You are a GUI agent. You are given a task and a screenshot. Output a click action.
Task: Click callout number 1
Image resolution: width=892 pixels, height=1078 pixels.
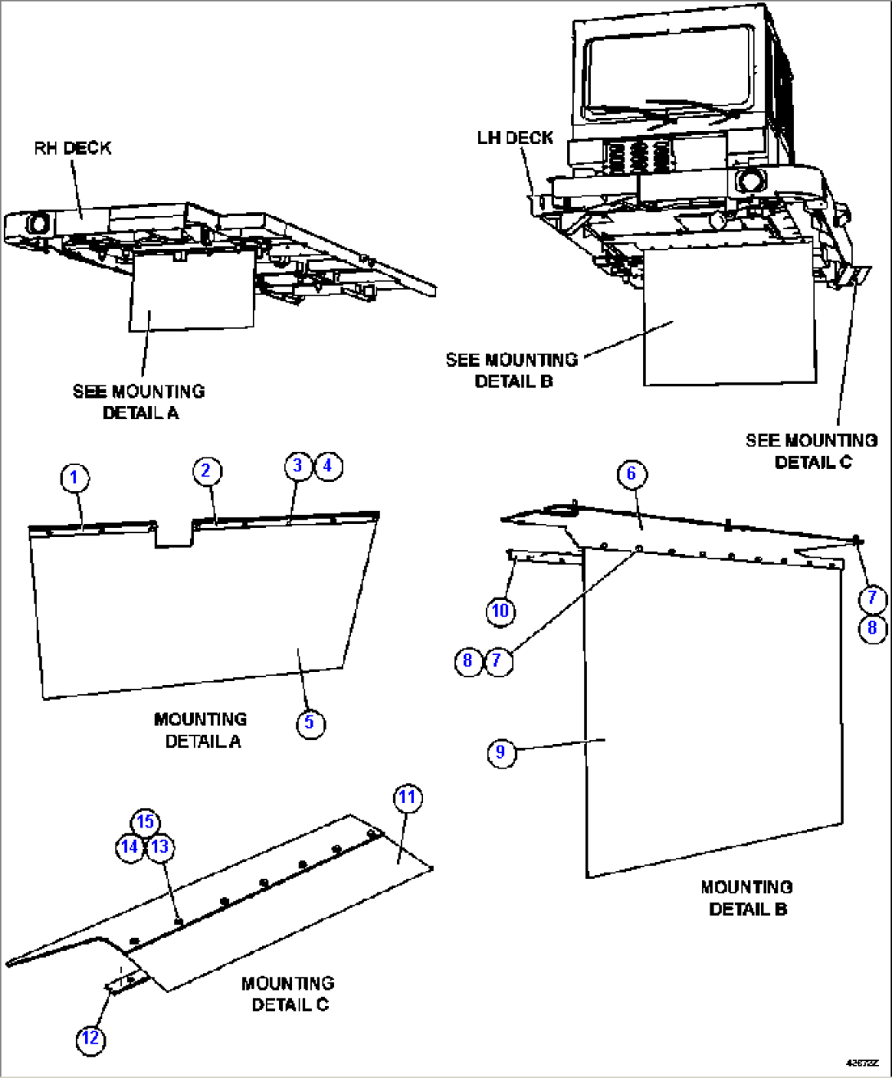pos(74,477)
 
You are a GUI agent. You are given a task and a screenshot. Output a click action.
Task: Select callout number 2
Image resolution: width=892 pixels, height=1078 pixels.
pos(206,471)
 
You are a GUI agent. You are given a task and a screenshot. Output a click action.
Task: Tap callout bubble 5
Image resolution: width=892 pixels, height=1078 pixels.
pos(309,723)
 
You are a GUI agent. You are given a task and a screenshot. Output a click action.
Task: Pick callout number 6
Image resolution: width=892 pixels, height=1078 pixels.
pos(631,474)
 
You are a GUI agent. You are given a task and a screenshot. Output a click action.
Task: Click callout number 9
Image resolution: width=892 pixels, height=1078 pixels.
pos(501,752)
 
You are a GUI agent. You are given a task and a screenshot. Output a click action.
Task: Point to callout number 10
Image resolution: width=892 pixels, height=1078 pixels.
pos(500,611)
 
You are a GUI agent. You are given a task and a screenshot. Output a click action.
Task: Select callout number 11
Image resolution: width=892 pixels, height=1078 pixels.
pos(408,797)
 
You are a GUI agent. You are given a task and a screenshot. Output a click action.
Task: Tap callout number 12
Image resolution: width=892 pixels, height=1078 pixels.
pos(90,1039)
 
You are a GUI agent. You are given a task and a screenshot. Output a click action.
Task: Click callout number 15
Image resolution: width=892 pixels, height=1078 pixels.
pos(145,822)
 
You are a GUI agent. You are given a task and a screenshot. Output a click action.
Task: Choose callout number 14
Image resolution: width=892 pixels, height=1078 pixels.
pos(129,847)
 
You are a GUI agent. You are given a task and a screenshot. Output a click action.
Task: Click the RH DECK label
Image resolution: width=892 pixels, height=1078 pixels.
pos(72,148)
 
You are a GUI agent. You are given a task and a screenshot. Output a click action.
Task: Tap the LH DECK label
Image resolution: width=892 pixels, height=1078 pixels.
pos(515,138)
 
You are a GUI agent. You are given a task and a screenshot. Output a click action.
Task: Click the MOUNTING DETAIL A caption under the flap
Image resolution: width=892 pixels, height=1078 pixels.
pos(201,730)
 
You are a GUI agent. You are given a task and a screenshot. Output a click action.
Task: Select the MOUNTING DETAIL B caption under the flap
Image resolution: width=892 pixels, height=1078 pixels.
pos(747,898)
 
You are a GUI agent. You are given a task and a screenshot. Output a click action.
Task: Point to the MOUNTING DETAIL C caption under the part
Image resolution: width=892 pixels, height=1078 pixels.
pos(288,994)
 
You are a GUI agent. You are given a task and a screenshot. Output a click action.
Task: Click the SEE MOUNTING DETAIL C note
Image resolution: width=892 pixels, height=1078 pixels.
pos(811,451)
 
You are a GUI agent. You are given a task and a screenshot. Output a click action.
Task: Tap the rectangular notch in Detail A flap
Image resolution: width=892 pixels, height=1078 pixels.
pos(173,533)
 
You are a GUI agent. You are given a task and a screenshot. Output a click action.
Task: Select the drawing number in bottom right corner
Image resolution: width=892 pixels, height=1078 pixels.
pos(862,1062)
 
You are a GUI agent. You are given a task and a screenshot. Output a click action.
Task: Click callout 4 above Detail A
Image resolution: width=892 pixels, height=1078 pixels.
pos(328,466)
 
